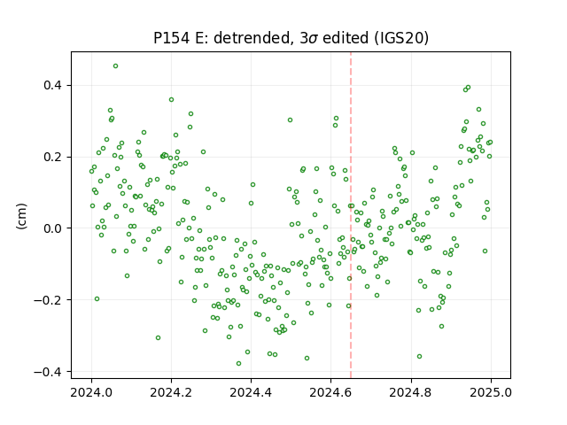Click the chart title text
click(x=291, y=38)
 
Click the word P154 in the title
click(x=171, y=38)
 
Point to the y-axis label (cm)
click(x=21, y=216)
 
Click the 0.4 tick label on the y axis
click(x=53, y=86)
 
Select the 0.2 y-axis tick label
click(x=53, y=158)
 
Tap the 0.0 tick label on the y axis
click(x=53, y=228)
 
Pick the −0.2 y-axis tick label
click(x=49, y=300)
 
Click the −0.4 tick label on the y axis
click(x=49, y=372)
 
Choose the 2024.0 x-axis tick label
click(x=91, y=392)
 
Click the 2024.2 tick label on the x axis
click(x=171, y=392)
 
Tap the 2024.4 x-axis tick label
click(x=251, y=392)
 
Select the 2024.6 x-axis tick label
click(x=330, y=392)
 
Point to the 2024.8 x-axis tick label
click(x=411, y=392)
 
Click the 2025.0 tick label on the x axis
click(x=491, y=392)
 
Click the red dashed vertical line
click(x=351, y=215)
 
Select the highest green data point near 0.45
click(x=115, y=66)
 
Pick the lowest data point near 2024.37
click(x=238, y=363)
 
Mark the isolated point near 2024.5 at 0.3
click(x=290, y=120)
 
